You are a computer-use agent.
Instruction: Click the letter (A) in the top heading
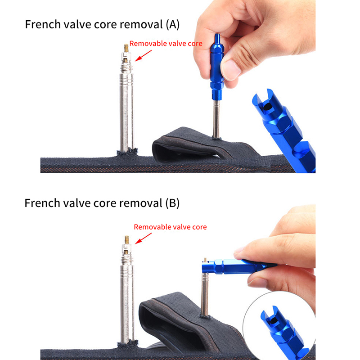pyautogui.click(x=172, y=25)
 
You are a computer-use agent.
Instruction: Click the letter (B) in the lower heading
pyautogui.click(x=172, y=203)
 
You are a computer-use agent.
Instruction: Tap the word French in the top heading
pyautogui.click(x=43, y=24)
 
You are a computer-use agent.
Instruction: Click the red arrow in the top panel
pyautogui.click(x=143, y=55)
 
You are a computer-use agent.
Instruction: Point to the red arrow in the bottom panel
pyautogui.click(x=143, y=238)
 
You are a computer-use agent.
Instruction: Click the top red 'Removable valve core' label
pyautogui.click(x=166, y=43)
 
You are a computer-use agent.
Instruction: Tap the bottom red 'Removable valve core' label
pyautogui.click(x=170, y=227)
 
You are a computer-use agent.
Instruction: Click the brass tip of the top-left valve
pyautogui.click(x=126, y=48)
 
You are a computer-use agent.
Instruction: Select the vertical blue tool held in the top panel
pyautogui.click(x=217, y=67)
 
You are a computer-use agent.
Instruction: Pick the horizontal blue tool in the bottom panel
pyautogui.click(x=239, y=266)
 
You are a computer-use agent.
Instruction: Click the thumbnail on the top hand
pyautogui.click(x=231, y=70)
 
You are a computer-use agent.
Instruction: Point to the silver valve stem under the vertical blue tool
pyautogui.click(x=216, y=119)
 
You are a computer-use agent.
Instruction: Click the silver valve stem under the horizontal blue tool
pyautogui.click(x=205, y=294)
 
